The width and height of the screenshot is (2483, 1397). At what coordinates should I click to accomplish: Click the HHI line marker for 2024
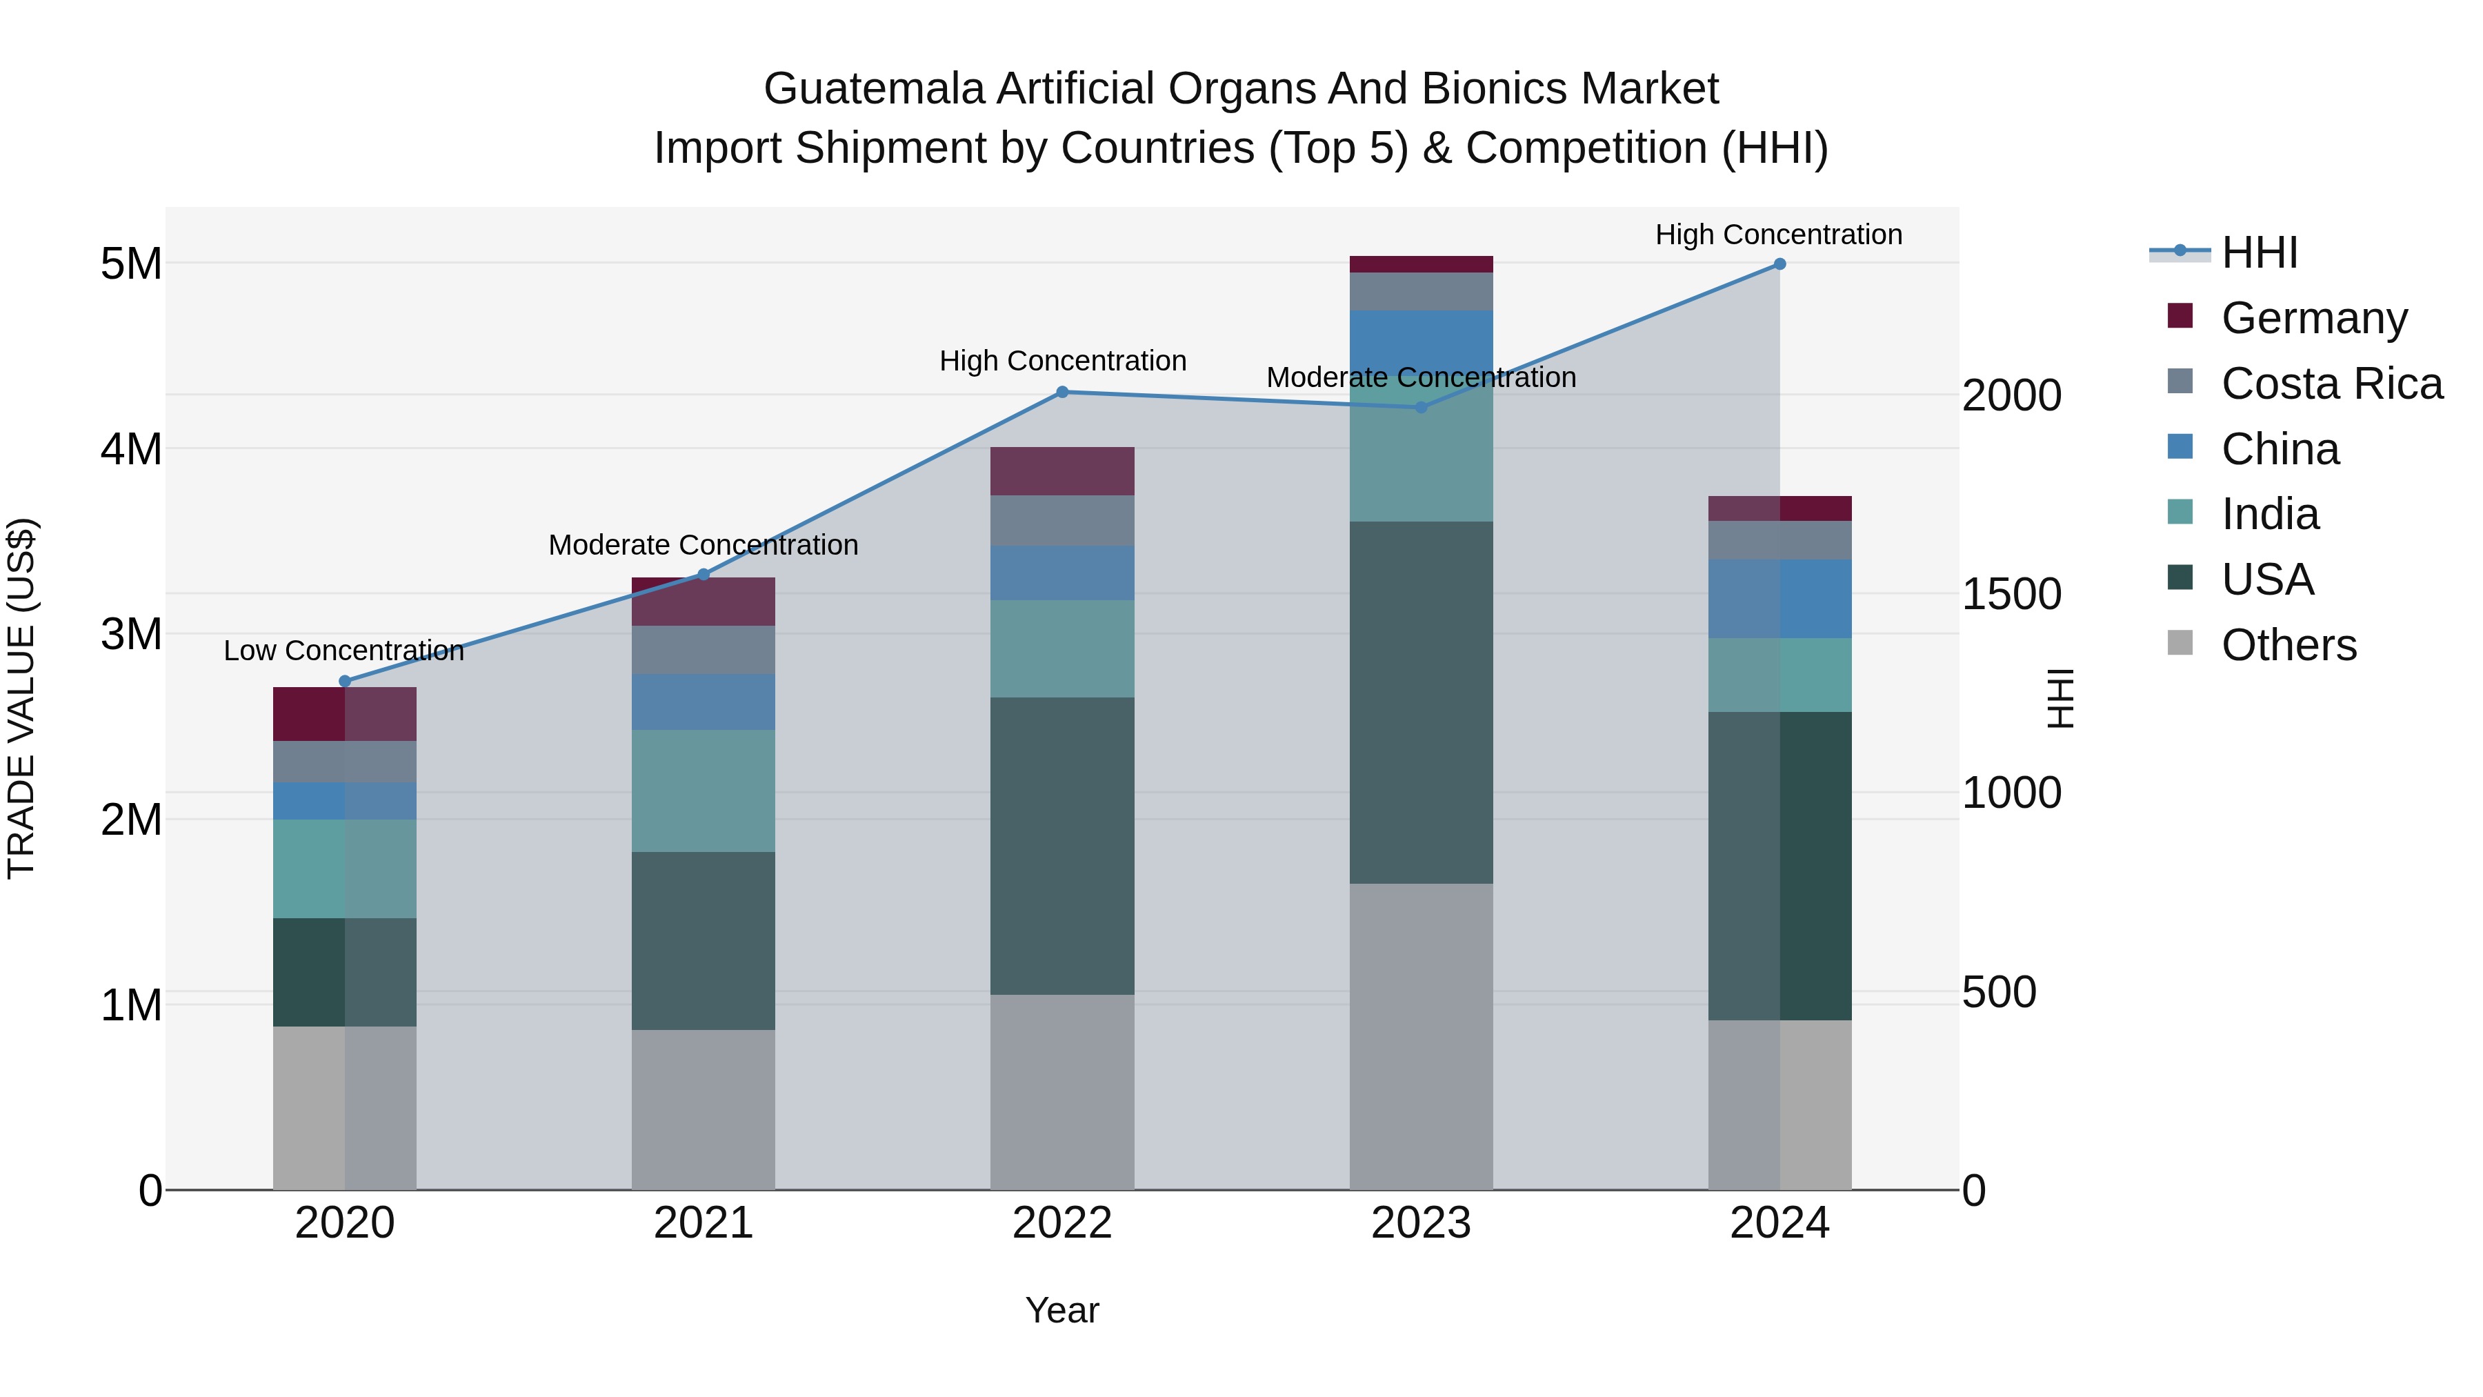coord(1779,264)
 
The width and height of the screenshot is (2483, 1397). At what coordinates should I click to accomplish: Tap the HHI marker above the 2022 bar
coord(1062,393)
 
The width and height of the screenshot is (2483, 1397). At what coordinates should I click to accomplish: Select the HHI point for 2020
coord(345,682)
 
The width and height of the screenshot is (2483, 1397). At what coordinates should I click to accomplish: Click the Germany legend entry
coord(2313,318)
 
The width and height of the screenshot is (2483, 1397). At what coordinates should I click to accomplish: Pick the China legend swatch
coord(2180,447)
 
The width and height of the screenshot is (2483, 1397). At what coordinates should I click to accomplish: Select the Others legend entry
coord(2288,645)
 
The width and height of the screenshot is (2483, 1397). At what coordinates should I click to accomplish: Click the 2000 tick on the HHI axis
coord(2012,395)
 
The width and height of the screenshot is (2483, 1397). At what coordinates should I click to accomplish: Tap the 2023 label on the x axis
coord(1421,1223)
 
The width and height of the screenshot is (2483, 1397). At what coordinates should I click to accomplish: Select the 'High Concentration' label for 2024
coord(1778,235)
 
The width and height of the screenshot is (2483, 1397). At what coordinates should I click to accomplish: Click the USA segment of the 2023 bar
coord(1421,702)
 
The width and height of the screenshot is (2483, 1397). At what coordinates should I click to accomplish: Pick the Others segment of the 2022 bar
coord(1062,1091)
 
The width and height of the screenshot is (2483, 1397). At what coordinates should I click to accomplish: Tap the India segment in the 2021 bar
coord(704,791)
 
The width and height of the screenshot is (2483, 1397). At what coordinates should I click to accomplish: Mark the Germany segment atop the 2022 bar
coord(1062,471)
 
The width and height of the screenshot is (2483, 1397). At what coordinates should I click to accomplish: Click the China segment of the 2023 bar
coord(1421,333)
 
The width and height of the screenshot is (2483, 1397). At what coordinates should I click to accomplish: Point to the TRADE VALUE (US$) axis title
coord(21,698)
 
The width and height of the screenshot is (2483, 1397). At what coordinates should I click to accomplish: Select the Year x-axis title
coord(1062,1310)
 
